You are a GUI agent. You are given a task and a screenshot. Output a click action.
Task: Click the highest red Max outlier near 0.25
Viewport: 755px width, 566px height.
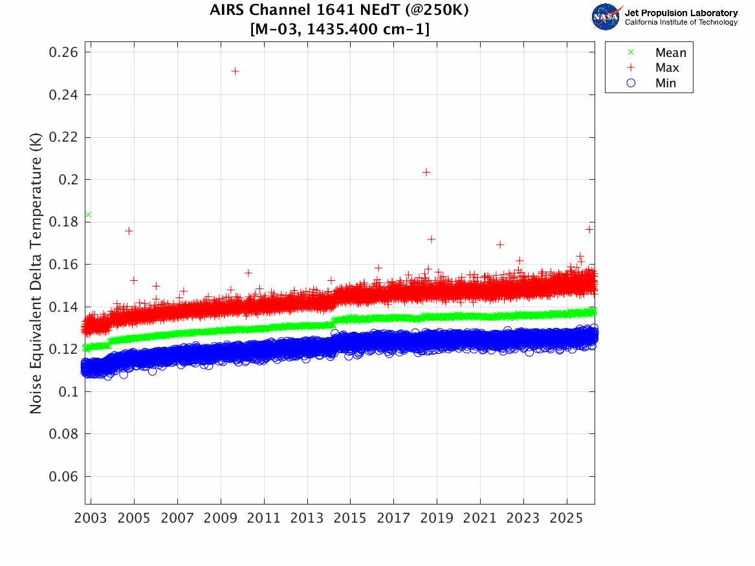(235, 71)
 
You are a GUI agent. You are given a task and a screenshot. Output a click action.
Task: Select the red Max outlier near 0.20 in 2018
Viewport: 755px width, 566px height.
(426, 172)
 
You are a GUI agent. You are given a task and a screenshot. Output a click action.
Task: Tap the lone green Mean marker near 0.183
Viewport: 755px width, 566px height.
(88, 215)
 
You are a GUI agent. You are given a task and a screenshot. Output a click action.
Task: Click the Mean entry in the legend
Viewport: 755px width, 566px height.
(670, 53)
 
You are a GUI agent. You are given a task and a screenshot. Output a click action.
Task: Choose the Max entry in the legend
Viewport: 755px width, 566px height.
(666, 68)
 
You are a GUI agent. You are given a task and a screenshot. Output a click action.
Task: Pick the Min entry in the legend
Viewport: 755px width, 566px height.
(665, 83)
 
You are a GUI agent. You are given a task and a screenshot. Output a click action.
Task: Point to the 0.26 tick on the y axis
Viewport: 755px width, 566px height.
(64, 52)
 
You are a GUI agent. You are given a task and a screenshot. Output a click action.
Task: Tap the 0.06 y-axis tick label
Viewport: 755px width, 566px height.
(64, 477)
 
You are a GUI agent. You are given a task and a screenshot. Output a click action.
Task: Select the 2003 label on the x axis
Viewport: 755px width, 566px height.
(91, 518)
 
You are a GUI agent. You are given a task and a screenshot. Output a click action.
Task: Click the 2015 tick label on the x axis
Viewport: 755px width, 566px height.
(350, 518)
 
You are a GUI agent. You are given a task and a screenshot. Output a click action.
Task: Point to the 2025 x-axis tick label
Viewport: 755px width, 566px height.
(567, 518)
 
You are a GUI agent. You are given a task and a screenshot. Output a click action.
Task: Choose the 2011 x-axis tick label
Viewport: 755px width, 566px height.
(264, 518)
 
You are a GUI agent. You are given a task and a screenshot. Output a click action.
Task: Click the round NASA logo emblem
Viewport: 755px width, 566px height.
(606, 16)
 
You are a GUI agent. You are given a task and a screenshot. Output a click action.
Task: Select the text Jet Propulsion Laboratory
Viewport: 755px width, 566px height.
(681, 13)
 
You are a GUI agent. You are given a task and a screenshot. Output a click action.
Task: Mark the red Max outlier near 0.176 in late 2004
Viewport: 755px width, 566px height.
(129, 231)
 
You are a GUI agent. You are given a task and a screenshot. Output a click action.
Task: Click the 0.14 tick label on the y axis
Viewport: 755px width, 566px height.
(64, 307)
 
